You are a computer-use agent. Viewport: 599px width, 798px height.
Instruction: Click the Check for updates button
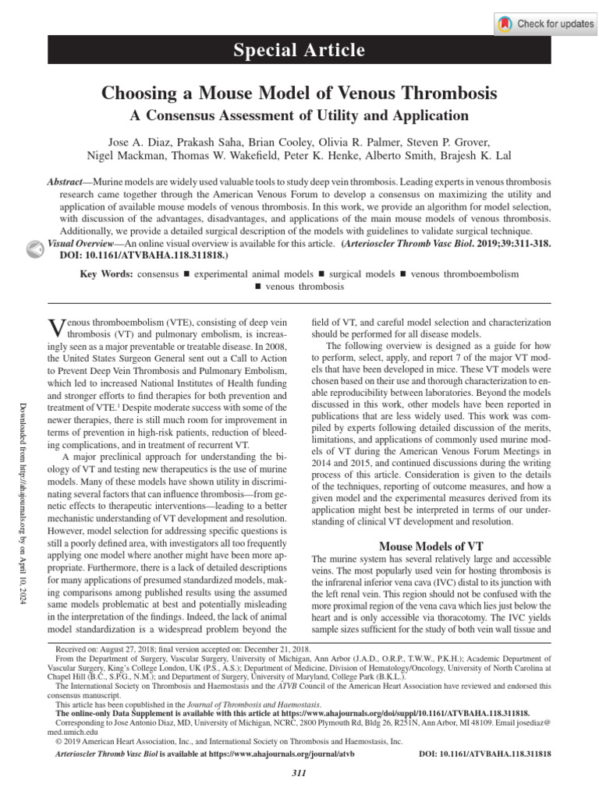[x=546, y=23]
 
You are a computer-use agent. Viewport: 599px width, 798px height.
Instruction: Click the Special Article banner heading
[x=300, y=51]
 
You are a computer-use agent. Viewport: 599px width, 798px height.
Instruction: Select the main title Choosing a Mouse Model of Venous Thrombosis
[x=299, y=94]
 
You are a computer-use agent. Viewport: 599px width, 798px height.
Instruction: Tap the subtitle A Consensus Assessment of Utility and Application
[x=299, y=116]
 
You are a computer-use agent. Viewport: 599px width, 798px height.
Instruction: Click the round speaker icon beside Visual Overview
[x=34, y=248]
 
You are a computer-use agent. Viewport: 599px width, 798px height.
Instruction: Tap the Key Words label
[x=106, y=274]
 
